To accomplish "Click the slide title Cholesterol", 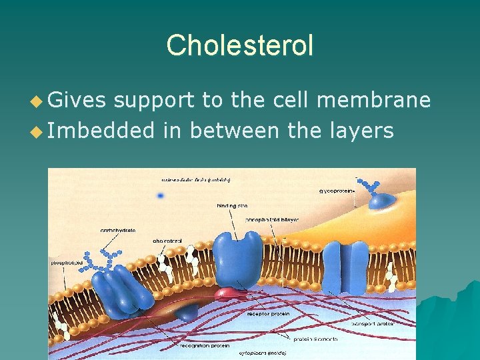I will [x=239, y=45].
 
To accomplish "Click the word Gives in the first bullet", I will [x=77, y=100].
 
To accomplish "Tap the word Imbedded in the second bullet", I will [x=101, y=130].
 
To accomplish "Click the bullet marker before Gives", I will [x=37, y=101].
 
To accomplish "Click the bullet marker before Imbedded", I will [x=37, y=131].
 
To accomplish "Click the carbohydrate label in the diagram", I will [x=118, y=231].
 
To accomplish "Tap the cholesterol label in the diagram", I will [x=167, y=241].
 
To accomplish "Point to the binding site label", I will [x=231, y=206].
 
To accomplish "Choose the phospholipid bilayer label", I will [x=272, y=219].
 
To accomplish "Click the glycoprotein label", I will [x=338, y=191].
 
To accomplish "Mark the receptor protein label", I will [x=266, y=313].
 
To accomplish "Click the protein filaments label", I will [x=315, y=339].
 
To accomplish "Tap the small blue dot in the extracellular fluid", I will [x=160, y=195].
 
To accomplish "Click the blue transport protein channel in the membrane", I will [x=350, y=266].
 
